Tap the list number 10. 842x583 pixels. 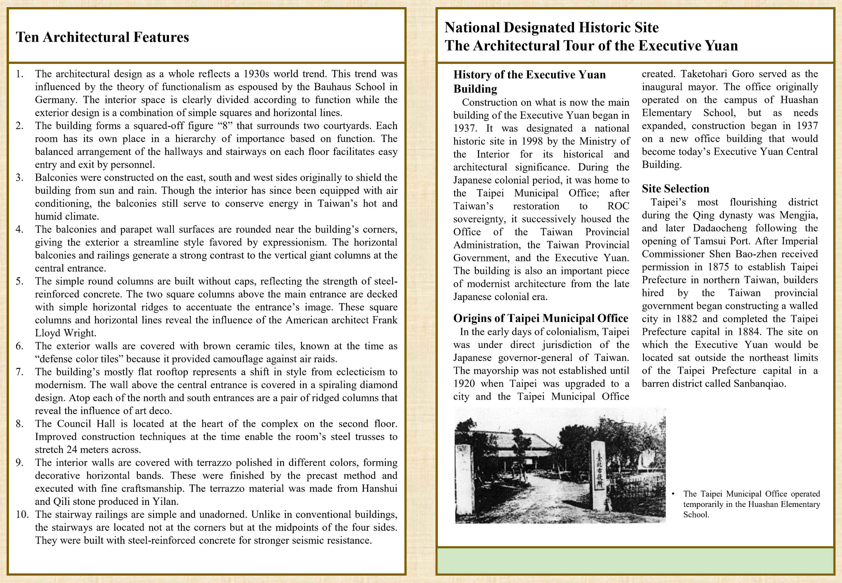[22, 514]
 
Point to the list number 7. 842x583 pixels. [19, 372]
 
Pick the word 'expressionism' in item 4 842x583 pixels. [294, 242]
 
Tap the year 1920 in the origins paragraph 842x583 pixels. [464, 383]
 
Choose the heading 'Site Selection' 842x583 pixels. [676, 189]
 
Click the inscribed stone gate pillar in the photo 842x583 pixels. [599, 475]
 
